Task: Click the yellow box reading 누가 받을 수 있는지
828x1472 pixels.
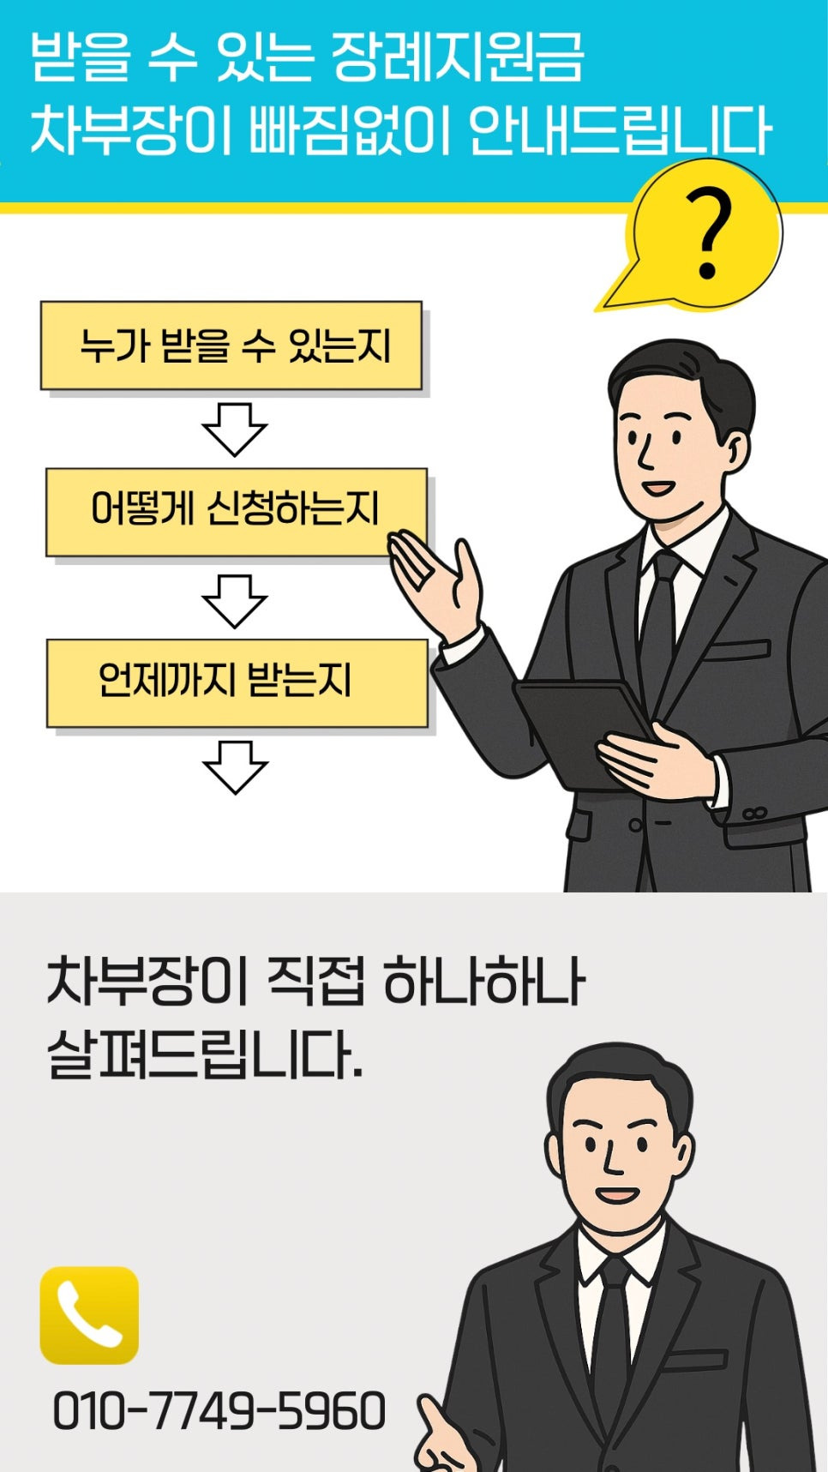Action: coord(231,345)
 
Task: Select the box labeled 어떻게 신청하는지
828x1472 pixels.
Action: coord(236,511)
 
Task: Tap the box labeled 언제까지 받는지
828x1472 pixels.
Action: coord(237,682)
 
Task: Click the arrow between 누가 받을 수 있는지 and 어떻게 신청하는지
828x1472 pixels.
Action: coord(235,429)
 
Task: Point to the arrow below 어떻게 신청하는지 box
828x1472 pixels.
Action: coord(235,600)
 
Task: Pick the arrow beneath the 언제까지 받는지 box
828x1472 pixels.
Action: coord(235,766)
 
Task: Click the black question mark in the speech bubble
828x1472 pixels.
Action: coord(708,234)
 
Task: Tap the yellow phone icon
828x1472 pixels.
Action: coord(89,1314)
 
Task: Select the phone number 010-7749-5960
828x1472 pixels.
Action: coord(219,1411)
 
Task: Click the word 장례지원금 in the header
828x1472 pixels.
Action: coord(457,58)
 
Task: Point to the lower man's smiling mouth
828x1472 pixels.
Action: coord(616,1194)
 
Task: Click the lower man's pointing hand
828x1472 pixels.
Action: coord(446,1440)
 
